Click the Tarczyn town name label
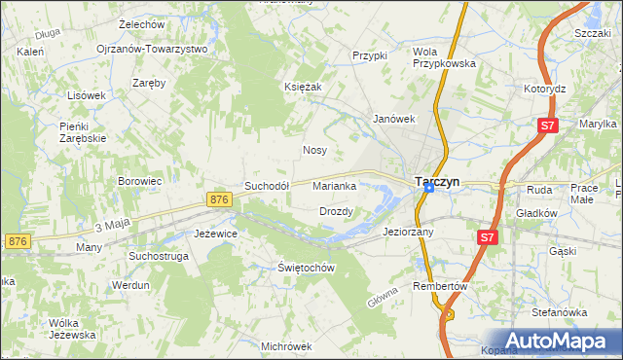437,181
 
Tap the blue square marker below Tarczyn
428,189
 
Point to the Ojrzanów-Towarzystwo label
152,49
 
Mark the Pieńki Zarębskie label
82,132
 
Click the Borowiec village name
139,181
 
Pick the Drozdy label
336,211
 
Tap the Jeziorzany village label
409,233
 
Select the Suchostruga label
160,256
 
